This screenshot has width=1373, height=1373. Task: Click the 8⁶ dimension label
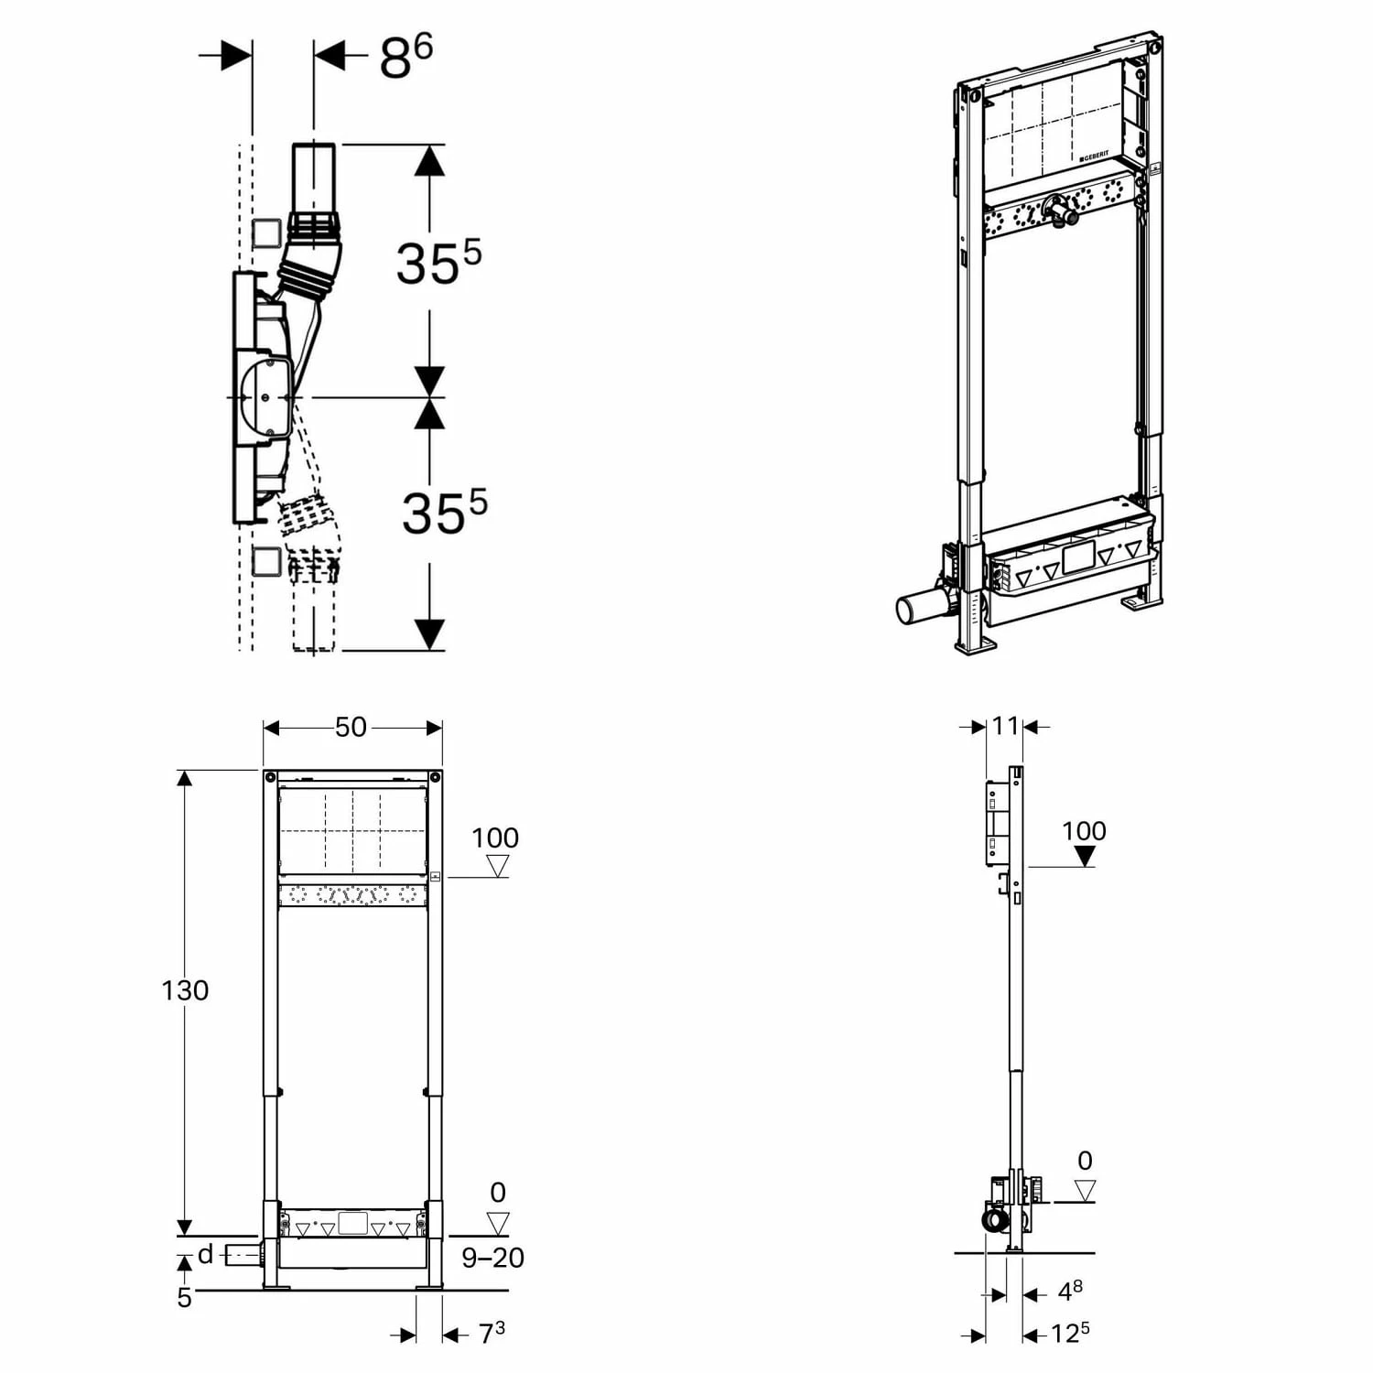[x=405, y=58]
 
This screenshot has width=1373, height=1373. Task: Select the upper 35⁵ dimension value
[x=438, y=263]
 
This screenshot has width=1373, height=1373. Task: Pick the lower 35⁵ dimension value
[x=444, y=513]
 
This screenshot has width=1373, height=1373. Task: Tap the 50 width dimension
[x=351, y=727]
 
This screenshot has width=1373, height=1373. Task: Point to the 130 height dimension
[x=185, y=990]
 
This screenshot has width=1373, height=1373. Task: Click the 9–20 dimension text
[x=492, y=1258]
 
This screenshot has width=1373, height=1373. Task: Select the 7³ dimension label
[x=492, y=1334]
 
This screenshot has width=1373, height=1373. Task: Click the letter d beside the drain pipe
[x=206, y=1254]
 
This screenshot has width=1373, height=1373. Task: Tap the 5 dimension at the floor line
[x=185, y=1298]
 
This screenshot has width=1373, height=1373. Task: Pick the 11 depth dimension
[x=1005, y=726]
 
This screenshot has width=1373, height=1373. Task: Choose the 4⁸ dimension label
[x=1069, y=1292]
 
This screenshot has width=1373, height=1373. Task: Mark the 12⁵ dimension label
[x=1069, y=1334]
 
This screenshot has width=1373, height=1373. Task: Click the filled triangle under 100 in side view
[x=1085, y=856]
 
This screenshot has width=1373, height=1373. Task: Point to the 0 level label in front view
[x=498, y=1192]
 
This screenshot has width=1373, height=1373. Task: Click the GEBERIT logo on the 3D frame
[x=1094, y=157]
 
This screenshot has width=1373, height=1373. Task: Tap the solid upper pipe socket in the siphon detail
[x=314, y=178]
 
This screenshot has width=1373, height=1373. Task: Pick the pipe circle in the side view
[x=993, y=1220]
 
